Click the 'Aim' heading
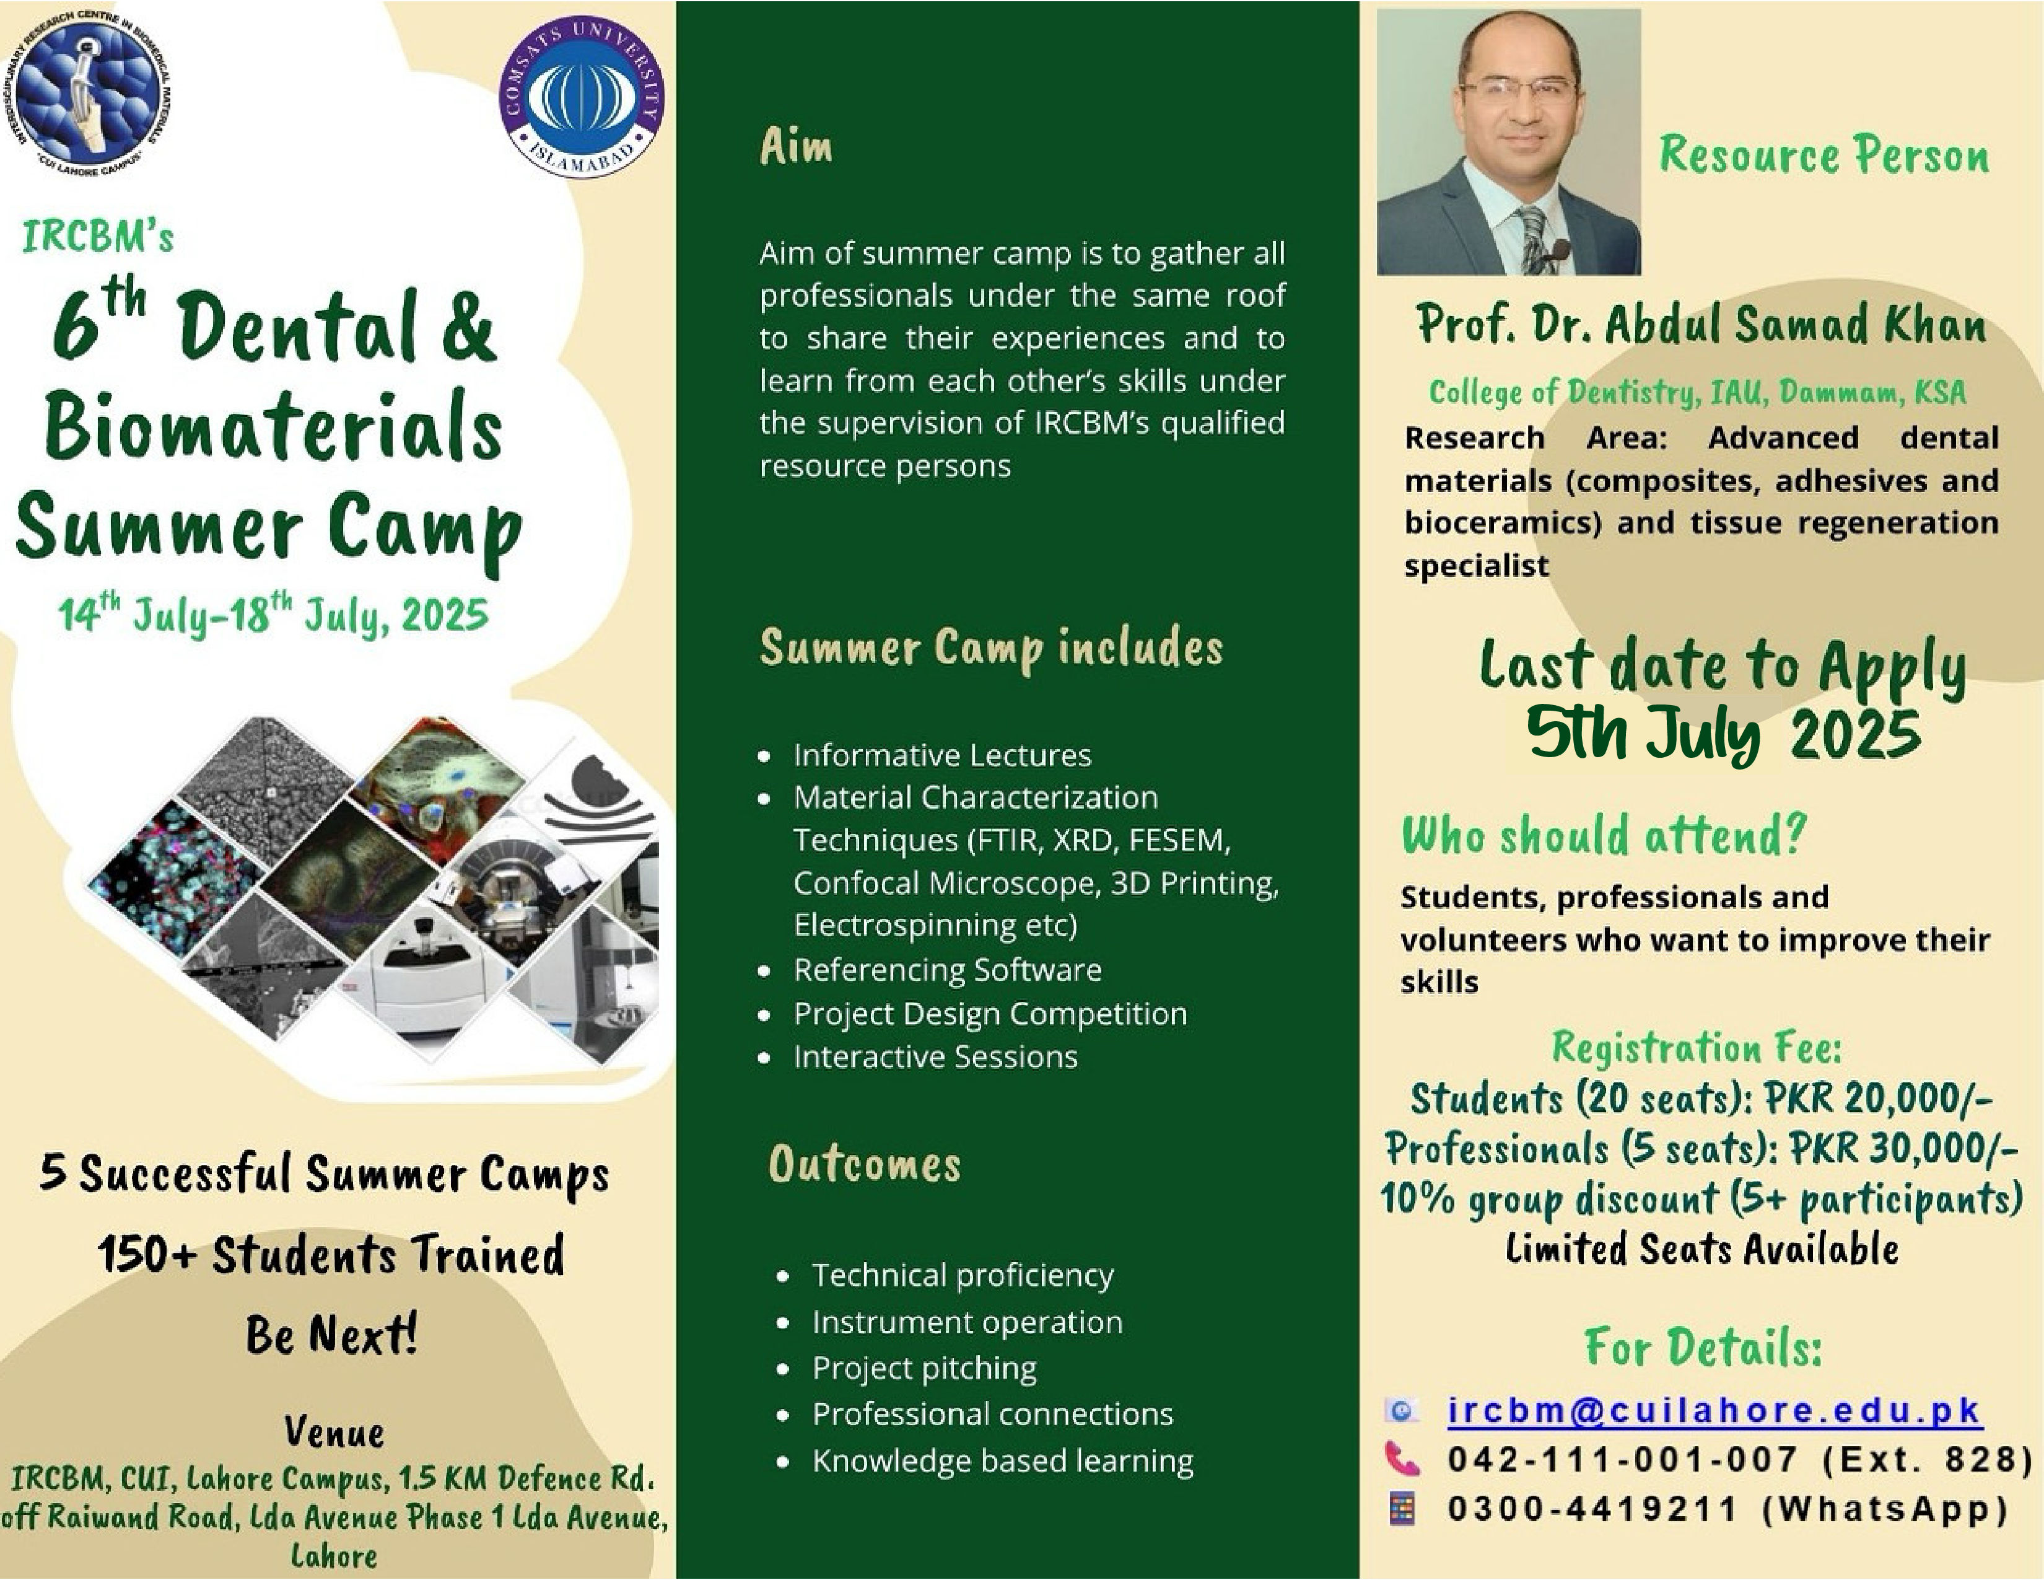click(795, 147)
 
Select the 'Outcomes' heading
click(864, 1164)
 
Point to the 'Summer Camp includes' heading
click(991, 647)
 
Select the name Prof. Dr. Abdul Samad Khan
click(1701, 325)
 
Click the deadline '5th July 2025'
click(1723, 734)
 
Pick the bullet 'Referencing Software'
click(947, 970)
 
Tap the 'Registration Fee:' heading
click(1697, 1047)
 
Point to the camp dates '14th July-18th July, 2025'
click(273, 615)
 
